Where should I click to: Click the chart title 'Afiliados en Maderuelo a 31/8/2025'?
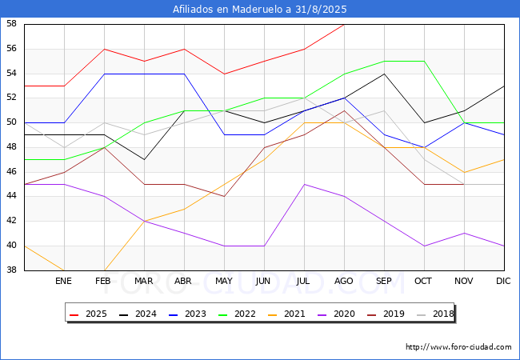coord(260,10)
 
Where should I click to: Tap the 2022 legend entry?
coord(237,314)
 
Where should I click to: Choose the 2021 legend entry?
coord(286,314)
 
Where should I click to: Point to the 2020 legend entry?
coord(334,314)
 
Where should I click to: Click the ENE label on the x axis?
coord(64,282)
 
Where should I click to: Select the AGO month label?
coord(344,282)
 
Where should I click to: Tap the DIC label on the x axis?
coord(504,282)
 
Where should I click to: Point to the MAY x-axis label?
coord(224,282)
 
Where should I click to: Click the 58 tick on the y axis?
coord(12,24)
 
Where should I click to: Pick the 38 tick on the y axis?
coord(12,270)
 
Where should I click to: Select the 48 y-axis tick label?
coord(12,147)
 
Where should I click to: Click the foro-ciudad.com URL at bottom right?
coord(458,347)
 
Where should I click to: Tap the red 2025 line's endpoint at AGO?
coord(344,25)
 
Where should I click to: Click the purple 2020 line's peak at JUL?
coord(304,184)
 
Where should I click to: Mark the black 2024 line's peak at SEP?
coord(384,74)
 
